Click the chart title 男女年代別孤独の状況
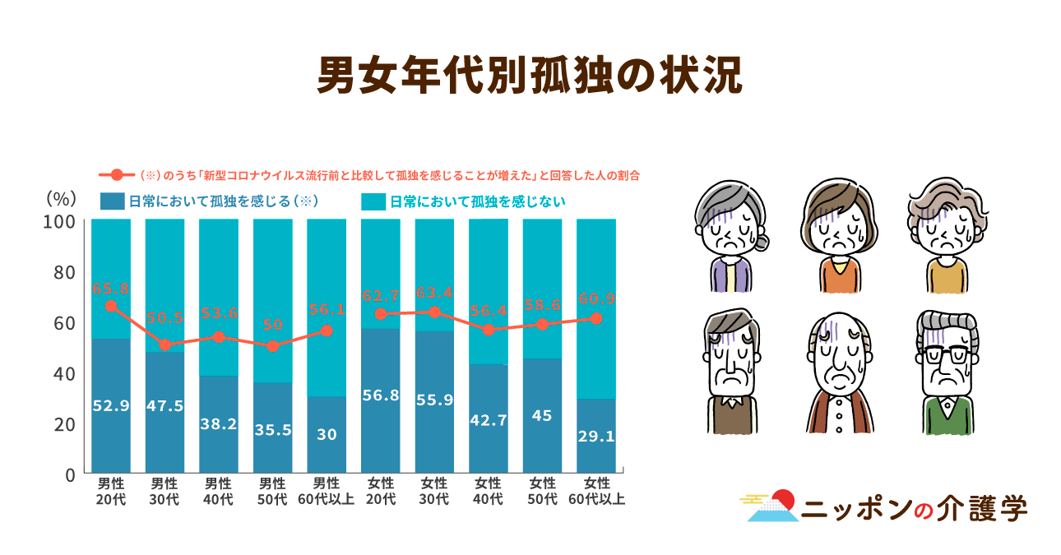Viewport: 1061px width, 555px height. [x=530, y=76]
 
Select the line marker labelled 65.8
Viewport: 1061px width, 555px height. [x=110, y=306]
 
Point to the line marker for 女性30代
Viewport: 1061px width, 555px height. [x=434, y=312]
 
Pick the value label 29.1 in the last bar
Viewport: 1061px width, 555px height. [x=596, y=436]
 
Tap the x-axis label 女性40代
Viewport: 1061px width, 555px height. [x=489, y=491]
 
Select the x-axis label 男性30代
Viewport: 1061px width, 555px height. [x=164, y=491]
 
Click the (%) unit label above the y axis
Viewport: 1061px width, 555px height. [x=61, y=197]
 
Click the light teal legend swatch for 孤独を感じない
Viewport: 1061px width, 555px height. [x=373, y=201]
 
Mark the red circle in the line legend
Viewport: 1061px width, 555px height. [x=117, y=175]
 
